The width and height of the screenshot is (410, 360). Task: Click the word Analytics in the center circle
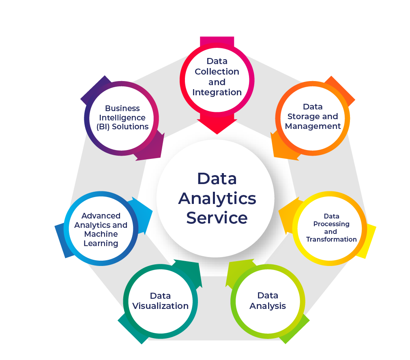[x=217, y=199]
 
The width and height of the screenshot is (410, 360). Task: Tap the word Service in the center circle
[x=217, y=218]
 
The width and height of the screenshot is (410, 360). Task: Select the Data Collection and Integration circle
[x=217, y=77]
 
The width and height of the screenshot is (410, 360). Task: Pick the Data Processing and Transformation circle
[x=331, y=228]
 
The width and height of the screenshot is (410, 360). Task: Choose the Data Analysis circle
[x=268, y=301]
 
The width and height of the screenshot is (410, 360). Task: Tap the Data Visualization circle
[x=160, y=301]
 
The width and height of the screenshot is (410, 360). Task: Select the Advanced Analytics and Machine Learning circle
[x=101, y=229]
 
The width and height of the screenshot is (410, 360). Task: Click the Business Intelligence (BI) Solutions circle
[x=122, y=118]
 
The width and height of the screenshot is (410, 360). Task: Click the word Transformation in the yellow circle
[x=331, y=240]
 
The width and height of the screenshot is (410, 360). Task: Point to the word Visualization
[x=160, y=306]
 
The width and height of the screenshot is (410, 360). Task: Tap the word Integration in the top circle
[x=217, y=92]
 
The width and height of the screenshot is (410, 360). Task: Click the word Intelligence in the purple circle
[x=122, y=118]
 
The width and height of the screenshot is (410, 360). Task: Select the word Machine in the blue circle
[x=101, y=234]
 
